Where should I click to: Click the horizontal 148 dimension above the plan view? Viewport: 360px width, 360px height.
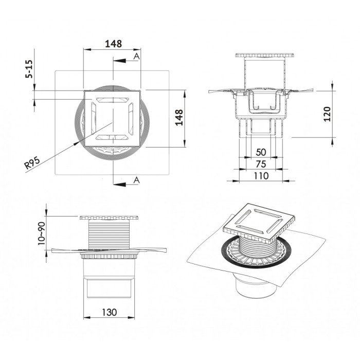point(113,44)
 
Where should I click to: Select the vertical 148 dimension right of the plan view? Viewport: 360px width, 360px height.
point(179,118)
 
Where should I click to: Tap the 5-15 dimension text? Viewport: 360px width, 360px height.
point(29,69)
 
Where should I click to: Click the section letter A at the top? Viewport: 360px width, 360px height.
point(136,56)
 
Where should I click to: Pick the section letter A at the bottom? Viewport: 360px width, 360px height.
point(136,179)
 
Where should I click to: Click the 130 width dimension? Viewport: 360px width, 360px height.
point(109,312)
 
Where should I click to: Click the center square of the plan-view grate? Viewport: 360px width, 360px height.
point(113,118)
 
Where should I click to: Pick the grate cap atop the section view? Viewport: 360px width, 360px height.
point(264,56)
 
